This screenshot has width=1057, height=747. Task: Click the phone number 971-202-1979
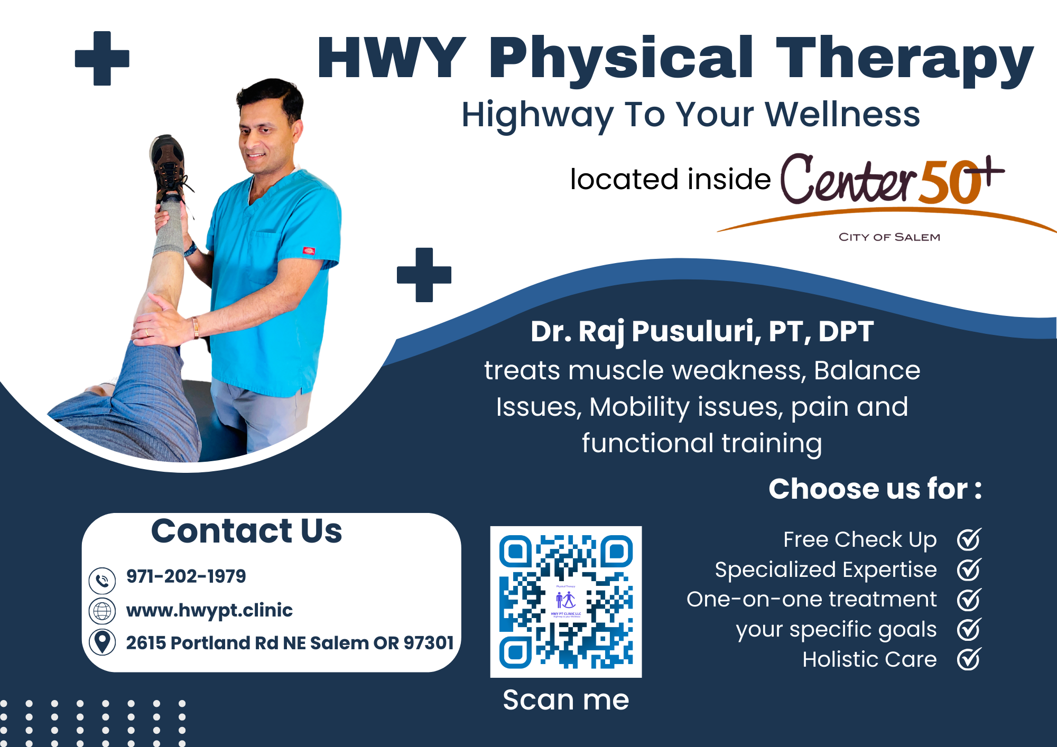tap(186, 576)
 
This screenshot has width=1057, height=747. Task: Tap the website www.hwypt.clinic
tap(209, 610)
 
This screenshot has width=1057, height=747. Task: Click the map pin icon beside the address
tap(102, 642)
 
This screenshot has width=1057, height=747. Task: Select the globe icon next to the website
tap(102, 611)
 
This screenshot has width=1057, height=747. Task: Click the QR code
tap(565, 601)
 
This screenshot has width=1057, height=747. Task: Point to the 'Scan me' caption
tap(565, 700)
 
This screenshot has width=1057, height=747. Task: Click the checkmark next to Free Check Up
tap(969, 539)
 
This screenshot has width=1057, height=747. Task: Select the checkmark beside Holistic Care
tap(969, 659)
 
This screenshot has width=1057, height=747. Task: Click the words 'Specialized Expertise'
tap(826, 570)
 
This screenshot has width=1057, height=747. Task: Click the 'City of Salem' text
tap(889, 237)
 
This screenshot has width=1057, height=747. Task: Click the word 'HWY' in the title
tap(391, 58)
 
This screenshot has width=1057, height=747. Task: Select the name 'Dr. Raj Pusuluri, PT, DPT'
tap(701, 332)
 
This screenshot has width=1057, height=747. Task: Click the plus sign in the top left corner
tap(102, 58)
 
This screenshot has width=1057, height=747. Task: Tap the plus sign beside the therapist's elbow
tap(424, 275)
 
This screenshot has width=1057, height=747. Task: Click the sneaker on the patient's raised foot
tap(168, 169)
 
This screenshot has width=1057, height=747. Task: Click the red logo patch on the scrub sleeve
tap(309, 250)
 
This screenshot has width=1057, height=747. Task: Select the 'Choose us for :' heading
tap(875, 489)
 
